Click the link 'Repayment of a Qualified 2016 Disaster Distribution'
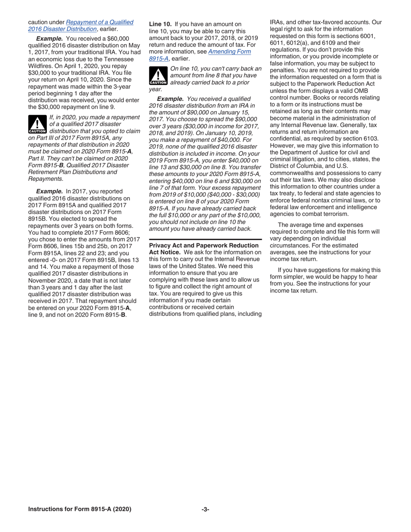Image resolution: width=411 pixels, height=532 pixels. pyautogui.click(x=100, y=22)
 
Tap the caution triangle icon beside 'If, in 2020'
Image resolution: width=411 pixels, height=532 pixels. pyautogui.click(x=37, y=124)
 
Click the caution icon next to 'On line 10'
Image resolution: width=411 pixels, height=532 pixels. pyautogui.click(x=158, y=76)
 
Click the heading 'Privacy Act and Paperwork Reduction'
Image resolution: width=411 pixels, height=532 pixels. pyautogui.click(x=204, y=245)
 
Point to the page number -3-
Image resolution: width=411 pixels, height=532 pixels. pyautogui.click(x=205, y=510)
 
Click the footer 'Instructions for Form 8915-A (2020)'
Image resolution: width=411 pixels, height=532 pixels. pyautogui.click(x=80, y=510)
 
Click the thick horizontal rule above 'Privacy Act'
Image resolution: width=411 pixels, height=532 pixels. pyautogui.click(x=205, y=239)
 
